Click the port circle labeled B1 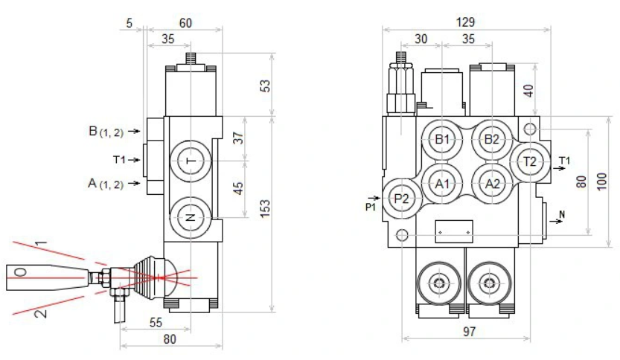444,140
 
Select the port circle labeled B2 490,140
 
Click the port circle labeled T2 529,161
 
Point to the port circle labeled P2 402,198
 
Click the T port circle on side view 191,161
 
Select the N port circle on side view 191,217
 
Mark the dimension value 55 156,323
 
